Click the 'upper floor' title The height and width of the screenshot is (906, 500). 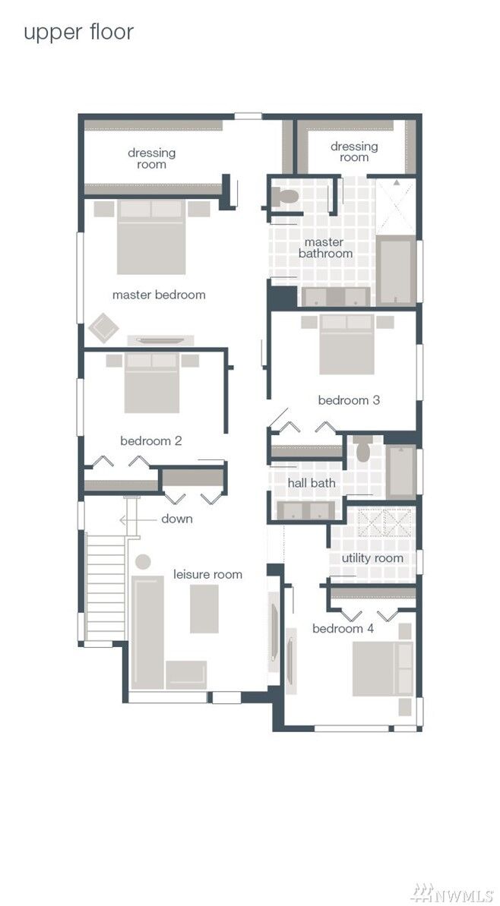78,32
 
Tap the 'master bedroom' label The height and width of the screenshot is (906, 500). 159,295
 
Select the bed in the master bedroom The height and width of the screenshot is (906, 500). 151,237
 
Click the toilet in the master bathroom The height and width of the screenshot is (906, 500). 285,197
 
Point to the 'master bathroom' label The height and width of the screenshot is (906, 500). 325,248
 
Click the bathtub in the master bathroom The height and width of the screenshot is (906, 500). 397,270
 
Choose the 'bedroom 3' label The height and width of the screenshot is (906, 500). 349,400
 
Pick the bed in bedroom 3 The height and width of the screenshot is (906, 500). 347,344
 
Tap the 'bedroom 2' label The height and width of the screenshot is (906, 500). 151,441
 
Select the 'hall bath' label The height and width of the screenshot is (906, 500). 312,482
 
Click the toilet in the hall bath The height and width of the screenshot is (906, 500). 362,449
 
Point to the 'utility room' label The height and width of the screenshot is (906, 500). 372,558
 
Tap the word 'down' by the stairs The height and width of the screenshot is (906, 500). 177,519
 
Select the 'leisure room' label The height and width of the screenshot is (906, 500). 207,574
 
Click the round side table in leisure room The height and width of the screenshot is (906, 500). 143,562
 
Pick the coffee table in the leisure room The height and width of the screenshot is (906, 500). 204,608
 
